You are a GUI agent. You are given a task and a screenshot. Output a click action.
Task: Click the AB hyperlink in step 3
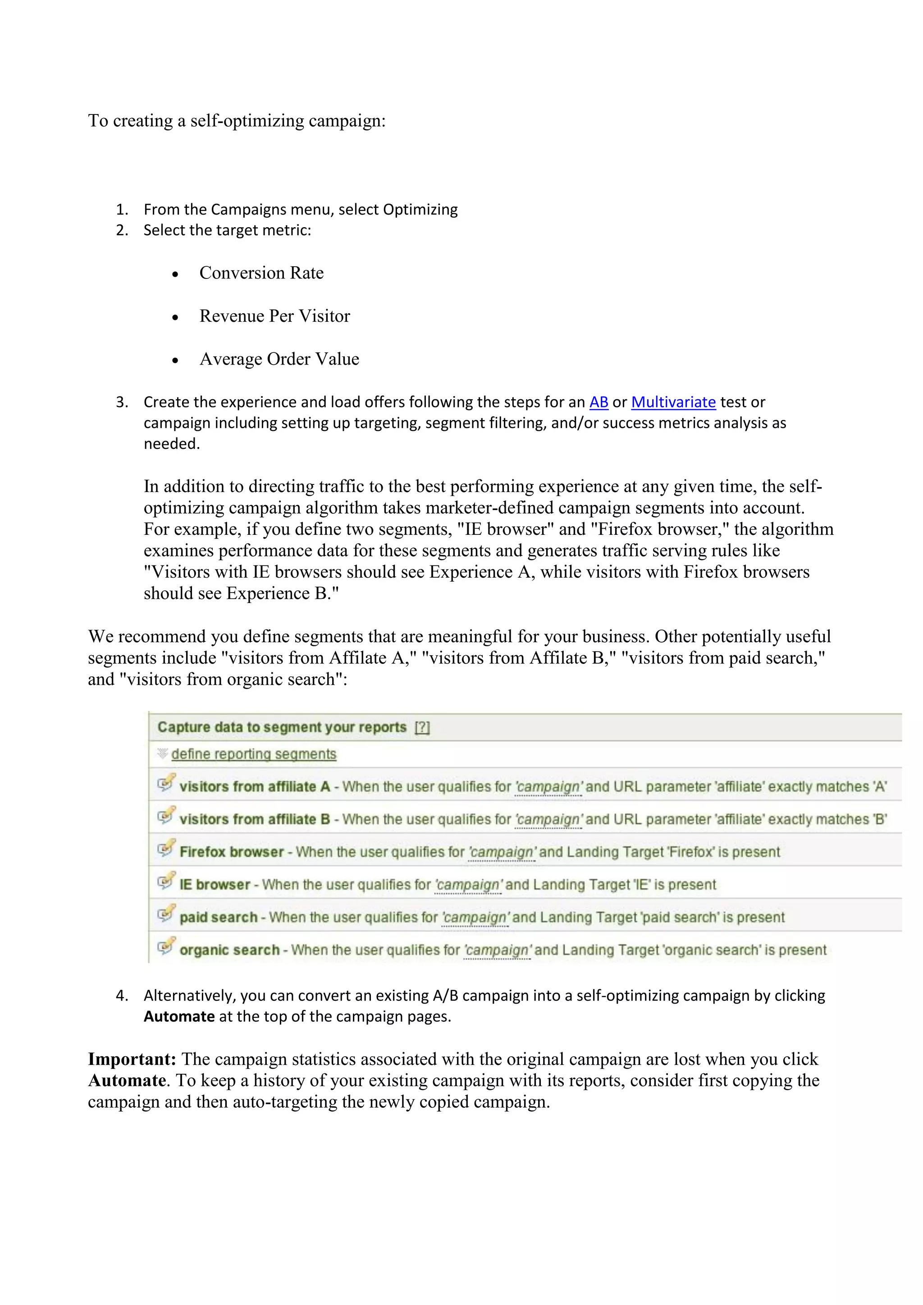tap(599, 402)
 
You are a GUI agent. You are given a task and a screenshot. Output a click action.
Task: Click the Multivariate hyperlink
tap(673, 402)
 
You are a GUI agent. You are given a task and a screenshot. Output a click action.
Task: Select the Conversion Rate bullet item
tap(261, 274)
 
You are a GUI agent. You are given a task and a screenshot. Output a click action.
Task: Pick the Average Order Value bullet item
tap(279, 359)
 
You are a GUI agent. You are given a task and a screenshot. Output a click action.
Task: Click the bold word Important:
tap(132, 1059)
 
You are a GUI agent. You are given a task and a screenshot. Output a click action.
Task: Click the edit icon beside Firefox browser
tap(166, 849)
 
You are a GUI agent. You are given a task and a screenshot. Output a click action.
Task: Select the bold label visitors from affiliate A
tap(255, 787)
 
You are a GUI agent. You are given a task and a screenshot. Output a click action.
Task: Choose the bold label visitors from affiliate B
tap(255, 820)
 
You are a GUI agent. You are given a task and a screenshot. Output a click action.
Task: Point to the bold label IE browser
tap(215, 885)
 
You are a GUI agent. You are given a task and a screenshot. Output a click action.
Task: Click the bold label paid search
tap(218, 917)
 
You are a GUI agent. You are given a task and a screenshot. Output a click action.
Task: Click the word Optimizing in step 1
tap(420, 210)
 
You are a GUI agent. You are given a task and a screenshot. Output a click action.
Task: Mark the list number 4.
tap(121, 996)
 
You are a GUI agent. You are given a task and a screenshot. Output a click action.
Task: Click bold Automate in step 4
tap(179, 1017)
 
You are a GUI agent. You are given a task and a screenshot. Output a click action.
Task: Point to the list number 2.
tap(121, 231)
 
